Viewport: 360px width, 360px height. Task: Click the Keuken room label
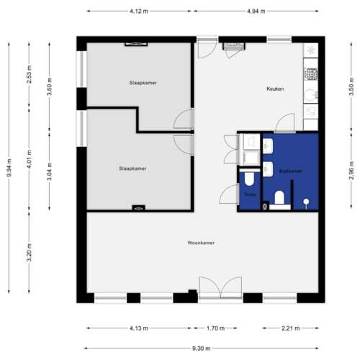coord(275,89)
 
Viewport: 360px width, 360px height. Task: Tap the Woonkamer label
coord(201,243)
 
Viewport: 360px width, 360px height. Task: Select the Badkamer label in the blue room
coord(291,171)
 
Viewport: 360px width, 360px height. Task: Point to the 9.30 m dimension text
coord(202,348)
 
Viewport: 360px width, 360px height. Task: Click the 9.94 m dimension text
coord(9,168)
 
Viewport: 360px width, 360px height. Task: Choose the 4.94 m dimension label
coord(256,11)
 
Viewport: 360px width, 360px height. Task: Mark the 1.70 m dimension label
coord(215,328)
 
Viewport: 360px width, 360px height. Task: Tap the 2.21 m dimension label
coord(290,328)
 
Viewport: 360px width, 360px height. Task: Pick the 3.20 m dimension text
coord(29,253)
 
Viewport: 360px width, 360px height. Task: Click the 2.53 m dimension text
coord(29,74)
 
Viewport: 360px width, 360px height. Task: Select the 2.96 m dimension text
coord(351,171)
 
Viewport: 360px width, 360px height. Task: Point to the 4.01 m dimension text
coord(29,159)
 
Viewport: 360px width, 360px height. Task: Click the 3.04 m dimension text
coord(49,171)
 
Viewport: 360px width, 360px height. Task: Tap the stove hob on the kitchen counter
coord(311,74)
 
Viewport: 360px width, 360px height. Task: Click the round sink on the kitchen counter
coord(310,95)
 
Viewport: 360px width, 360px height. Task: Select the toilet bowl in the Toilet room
coord(249,178)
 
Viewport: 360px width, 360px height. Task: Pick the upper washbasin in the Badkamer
coord(268,146)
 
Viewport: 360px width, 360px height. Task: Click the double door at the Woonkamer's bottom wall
coord(220,288)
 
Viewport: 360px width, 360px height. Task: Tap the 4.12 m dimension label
coord(139,11)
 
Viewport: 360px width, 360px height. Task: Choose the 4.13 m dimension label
coord(139,328)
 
